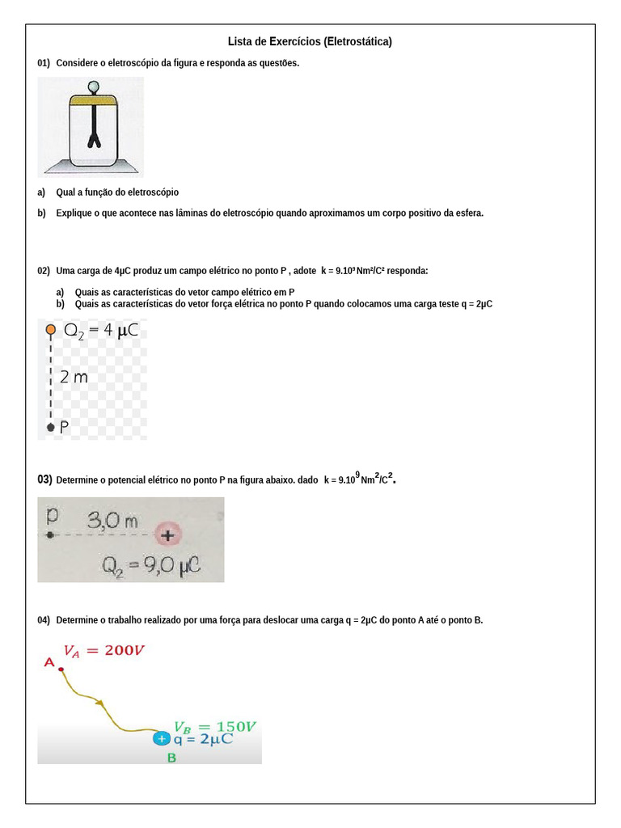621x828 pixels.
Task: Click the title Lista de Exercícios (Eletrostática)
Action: (310, 42)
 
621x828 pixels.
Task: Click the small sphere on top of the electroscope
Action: (95, 86)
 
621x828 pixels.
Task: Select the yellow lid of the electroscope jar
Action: (95, 101)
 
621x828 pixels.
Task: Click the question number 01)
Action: (44, 63)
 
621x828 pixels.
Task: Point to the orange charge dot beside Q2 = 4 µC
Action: (50, 329)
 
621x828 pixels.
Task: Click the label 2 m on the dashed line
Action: (74, 377)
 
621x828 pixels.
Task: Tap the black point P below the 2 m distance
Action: (50, 427)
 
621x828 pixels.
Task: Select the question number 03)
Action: (44, 479)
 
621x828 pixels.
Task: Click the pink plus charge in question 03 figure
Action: (167, 535)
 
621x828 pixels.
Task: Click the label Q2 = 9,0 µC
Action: (151, 564)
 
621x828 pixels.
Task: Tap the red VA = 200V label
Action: (107, 651)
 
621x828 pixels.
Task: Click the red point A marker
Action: (61, 670)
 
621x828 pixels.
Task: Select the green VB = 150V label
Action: (215, 726)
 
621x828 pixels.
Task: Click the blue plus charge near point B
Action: (162, 738)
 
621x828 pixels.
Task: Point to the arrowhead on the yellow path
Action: (101, 703)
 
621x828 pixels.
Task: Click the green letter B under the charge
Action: (171, 758)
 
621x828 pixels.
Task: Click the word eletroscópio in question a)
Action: (150, 192)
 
